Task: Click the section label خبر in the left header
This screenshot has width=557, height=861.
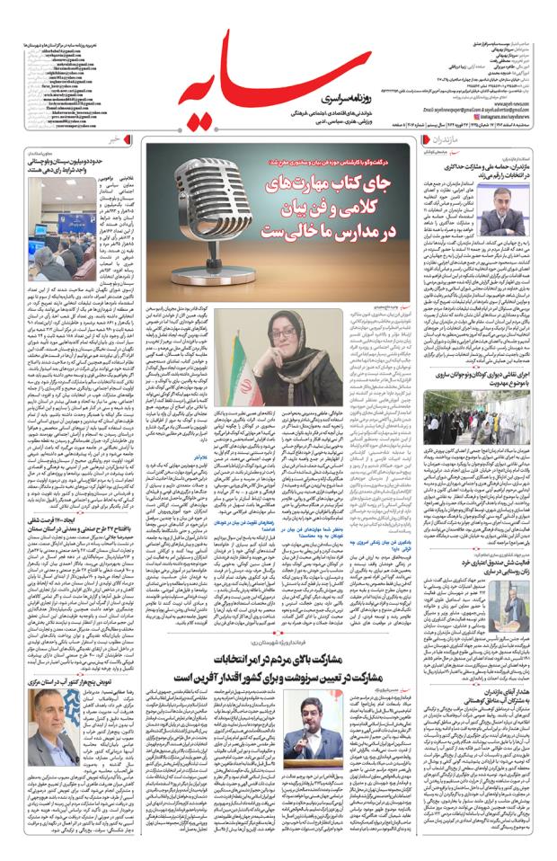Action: pos(112,142)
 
